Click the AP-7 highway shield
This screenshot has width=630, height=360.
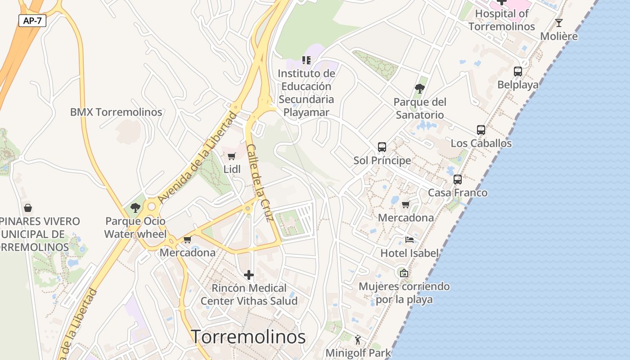32,20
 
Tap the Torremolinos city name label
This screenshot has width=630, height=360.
248,337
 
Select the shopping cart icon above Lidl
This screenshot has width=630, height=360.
231,156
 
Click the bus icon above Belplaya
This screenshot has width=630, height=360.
518,71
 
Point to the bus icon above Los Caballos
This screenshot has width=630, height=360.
481,130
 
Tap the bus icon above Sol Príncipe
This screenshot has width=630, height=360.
382,147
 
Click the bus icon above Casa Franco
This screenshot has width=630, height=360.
458,179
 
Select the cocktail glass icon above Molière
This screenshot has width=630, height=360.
559,22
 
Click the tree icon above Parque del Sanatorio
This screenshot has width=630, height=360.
420,89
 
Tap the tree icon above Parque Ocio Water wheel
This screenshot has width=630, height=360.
135,207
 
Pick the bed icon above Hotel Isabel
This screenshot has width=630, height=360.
409,239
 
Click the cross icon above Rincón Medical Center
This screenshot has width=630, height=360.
249,274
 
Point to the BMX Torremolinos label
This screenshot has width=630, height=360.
116,112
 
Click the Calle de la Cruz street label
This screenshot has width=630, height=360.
260,183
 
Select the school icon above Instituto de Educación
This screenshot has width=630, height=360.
306,60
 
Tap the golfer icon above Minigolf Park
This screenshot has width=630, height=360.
358,340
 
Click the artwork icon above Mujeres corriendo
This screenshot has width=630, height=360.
404,273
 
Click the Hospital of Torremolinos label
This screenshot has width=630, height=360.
502,20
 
